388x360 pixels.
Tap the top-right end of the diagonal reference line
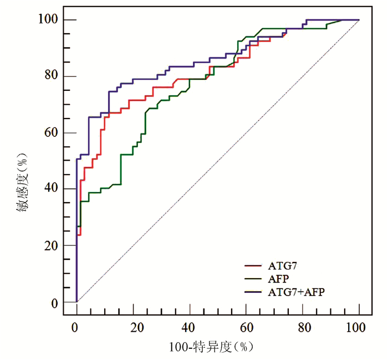[x=359, y=20]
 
